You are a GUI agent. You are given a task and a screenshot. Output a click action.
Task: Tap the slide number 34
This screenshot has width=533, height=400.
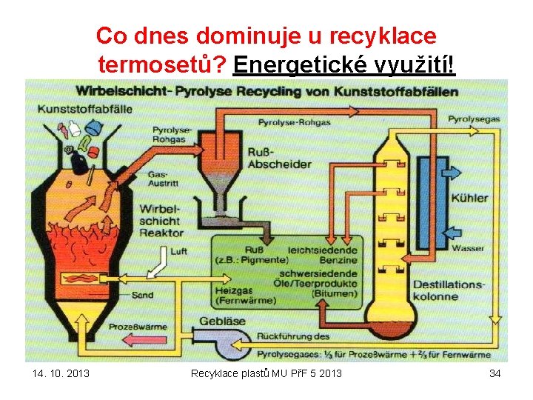pyautogui.click(x=495, y=373)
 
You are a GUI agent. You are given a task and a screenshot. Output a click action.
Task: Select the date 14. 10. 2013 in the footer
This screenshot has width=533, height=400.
pyautogui.click(x=61, y=373)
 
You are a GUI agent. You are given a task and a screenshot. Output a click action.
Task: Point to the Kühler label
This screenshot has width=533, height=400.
pyautogui.click(x=469, y=198)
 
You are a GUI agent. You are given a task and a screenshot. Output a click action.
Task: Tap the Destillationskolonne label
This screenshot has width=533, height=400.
pyautogui.click(x=449, y=290)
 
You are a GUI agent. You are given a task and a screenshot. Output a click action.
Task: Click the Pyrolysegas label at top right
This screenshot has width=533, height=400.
pyautogui.click(x=475, y=119)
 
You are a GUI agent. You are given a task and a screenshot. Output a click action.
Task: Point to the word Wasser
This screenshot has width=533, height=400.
pyautogui.click(x=468, y=248)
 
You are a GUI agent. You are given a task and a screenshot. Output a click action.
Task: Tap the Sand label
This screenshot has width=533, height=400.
pyautogui.click(x=143, y=295)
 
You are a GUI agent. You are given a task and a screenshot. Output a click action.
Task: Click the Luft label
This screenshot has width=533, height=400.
pyautogui.click(x=178, y=252)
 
